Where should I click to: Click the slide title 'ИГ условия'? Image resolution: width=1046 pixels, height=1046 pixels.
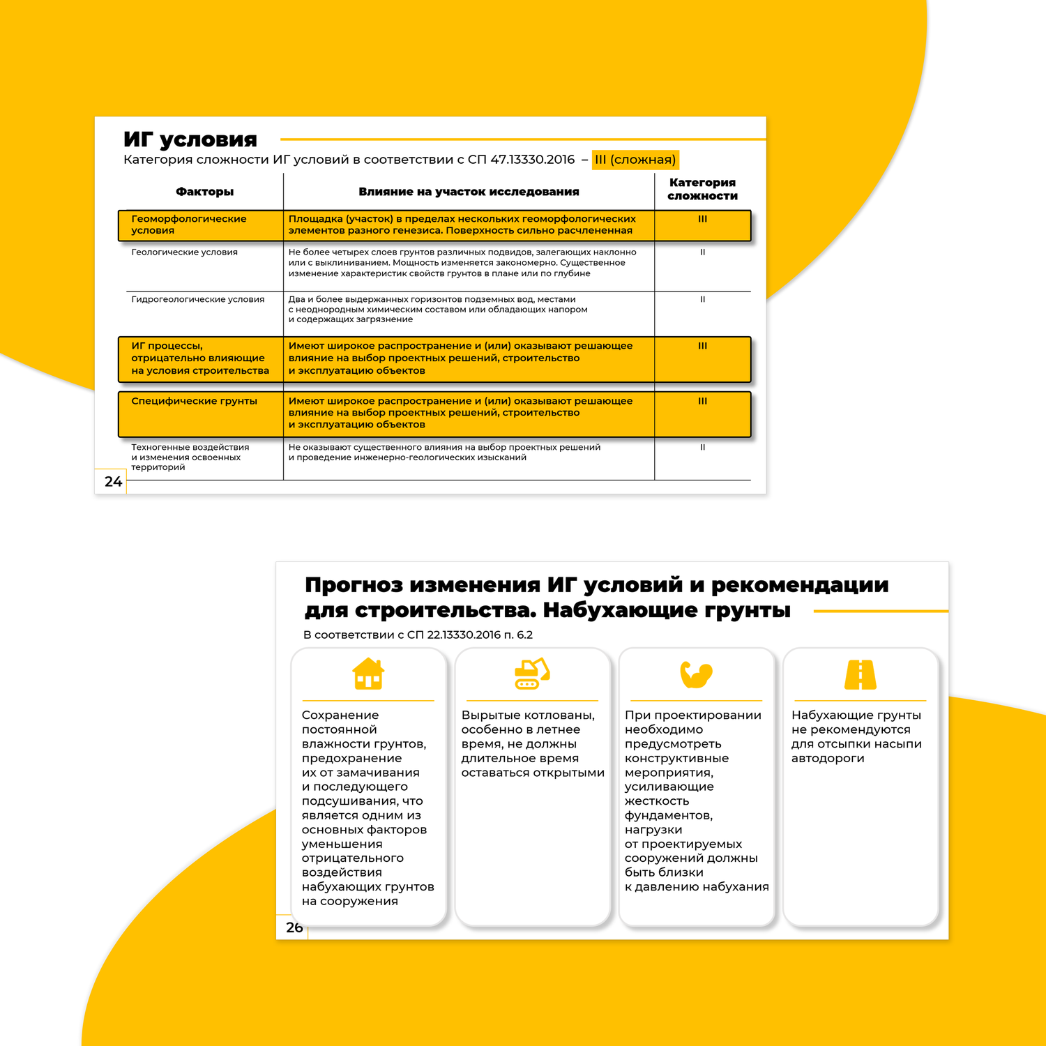coord(190,140)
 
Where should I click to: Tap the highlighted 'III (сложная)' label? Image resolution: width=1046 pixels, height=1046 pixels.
coord(635,160)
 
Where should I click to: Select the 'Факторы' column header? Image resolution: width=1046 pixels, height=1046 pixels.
coord(204,192)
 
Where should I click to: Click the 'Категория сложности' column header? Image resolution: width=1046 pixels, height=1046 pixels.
coord(702,189)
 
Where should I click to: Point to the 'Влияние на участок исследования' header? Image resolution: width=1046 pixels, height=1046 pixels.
coord(469,192)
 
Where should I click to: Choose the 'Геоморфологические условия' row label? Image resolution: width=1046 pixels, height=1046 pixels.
coord(189,225)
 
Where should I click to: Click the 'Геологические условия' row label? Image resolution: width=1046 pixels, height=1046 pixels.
coord(185,252)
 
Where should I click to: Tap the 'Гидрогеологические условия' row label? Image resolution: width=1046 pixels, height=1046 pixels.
coord(198,299)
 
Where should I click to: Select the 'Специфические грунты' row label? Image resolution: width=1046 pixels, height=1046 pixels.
coord(195,401)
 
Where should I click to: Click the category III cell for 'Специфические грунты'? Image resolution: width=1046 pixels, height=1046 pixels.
coord(702,401)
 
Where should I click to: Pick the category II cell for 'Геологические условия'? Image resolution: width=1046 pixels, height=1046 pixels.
coord(702,252)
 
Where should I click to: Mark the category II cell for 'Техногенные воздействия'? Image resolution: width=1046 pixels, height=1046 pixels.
coord(702,448)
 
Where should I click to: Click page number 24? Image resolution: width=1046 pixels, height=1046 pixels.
coord(113,481)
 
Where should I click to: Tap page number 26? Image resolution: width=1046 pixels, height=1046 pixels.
coord(294,927)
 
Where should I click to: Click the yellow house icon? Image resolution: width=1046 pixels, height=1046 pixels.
coord(368,674)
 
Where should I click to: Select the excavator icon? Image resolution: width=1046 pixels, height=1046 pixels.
coord(532,674)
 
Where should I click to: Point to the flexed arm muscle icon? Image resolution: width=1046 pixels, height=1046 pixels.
coord(696,674)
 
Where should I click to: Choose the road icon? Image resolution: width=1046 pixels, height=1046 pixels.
coord(861,674)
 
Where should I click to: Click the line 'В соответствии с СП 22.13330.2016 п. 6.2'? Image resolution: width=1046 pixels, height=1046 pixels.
coord(418,635)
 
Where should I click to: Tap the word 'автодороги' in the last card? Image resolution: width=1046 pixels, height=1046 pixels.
coord(828,759)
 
